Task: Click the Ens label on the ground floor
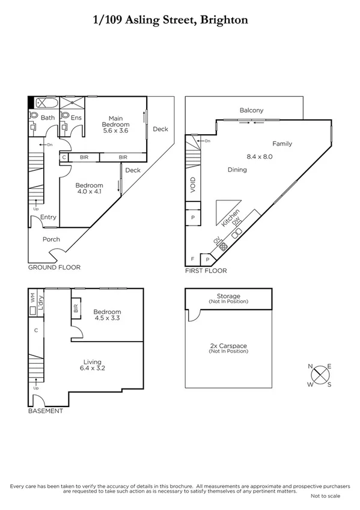(x=76, y=118)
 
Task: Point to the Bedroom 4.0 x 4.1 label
(x=89, y=189)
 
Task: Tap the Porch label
(x=51, y=239)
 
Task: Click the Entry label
(x=48, y=218)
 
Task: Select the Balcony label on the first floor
(x=251, y=110)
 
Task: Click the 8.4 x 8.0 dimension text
(x=260, y=156)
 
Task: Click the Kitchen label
(x=230, y=218)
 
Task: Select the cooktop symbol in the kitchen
(x=224, y=246)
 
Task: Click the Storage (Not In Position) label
(x=228, y=298)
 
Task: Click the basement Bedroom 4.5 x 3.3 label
(x=108, y=315)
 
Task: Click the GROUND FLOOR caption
(x=54, y=268)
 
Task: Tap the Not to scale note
(x=325, y=496)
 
